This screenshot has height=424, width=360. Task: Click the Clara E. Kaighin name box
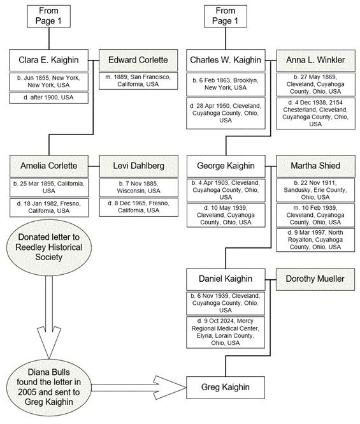click(48, 60)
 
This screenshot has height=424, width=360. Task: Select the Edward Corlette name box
click(138, 60)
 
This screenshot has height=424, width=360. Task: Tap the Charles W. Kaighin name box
click(226, 60)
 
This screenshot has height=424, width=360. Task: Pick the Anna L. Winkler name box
click(315, 60)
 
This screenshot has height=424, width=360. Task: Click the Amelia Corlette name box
click(49, 166)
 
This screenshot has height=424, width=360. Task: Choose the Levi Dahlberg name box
click(139, 166)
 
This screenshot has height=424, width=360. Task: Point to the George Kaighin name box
click(226, 166)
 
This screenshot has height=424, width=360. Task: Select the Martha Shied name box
click(315, 166)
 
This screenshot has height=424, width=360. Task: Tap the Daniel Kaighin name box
click(226, 279)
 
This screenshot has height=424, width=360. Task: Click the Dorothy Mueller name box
click(315, 279)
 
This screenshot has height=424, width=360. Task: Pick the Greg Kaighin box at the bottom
click(226, 388)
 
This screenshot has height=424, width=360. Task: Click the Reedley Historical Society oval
click(49, 247)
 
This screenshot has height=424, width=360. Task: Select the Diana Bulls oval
click(49, 387)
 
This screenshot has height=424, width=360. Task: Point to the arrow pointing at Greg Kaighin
click(139, 388)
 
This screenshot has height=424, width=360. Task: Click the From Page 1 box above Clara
click(48, 16)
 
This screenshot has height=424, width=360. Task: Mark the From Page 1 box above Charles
click(226, 16)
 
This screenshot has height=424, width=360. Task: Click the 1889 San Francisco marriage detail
click(138, 80)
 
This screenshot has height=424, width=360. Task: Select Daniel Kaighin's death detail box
click(226, 332)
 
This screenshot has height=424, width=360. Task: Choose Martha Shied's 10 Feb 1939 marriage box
click(315, 216)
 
